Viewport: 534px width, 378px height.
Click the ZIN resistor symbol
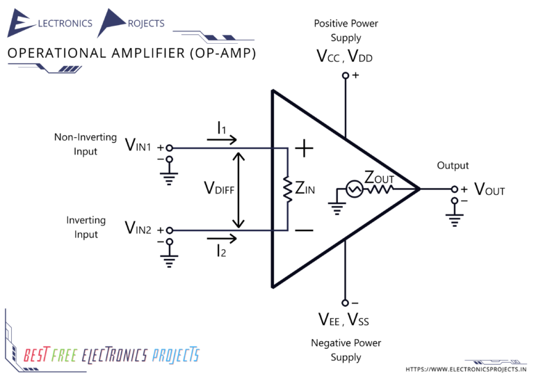coord(286,189)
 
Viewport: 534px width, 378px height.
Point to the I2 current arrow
coord(221,239)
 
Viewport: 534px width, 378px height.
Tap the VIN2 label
coord(139,228)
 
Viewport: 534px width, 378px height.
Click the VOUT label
coord(489,189)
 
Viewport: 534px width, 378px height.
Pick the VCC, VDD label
coord(344,56)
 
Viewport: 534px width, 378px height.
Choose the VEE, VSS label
coord(344,320)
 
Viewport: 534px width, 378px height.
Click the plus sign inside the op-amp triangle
coord(304,148)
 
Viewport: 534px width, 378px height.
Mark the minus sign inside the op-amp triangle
coord(304,230)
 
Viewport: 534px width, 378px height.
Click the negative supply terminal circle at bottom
coord(344,303)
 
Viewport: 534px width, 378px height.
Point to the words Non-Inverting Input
coord(86,144)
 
